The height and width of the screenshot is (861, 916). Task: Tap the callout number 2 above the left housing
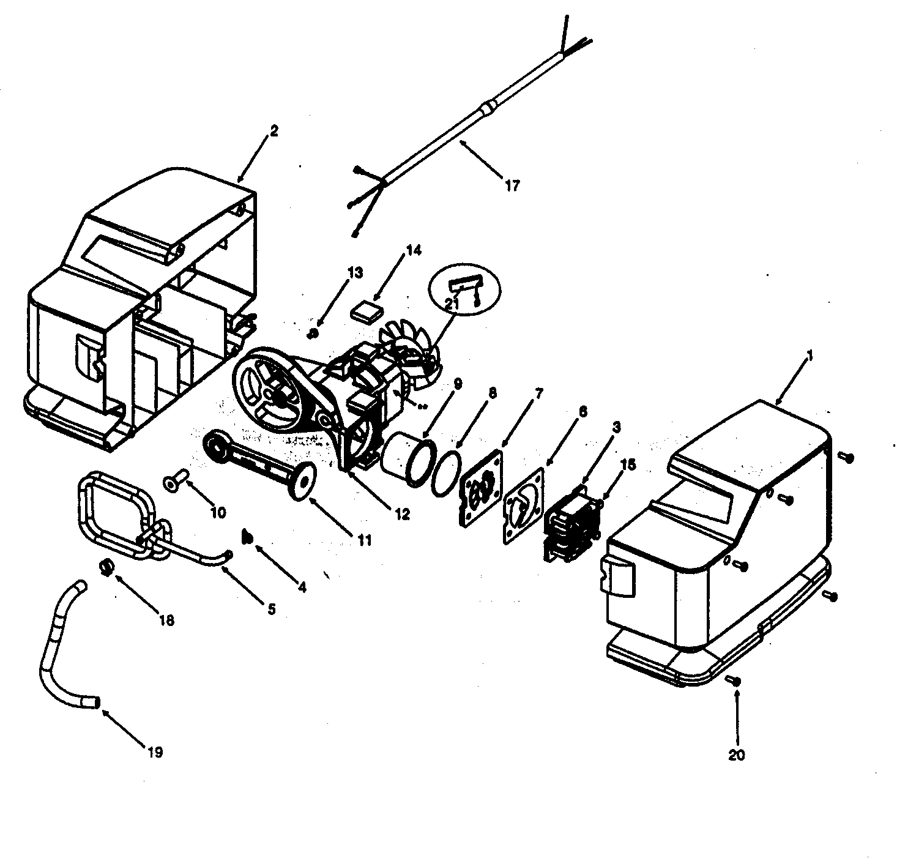(274, 131)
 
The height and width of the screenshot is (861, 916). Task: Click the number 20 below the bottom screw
(737, 755)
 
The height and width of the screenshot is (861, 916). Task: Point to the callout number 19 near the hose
(155, 752)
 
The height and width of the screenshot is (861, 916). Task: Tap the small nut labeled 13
(313, 334)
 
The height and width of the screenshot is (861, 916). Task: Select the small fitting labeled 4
(248, 537)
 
